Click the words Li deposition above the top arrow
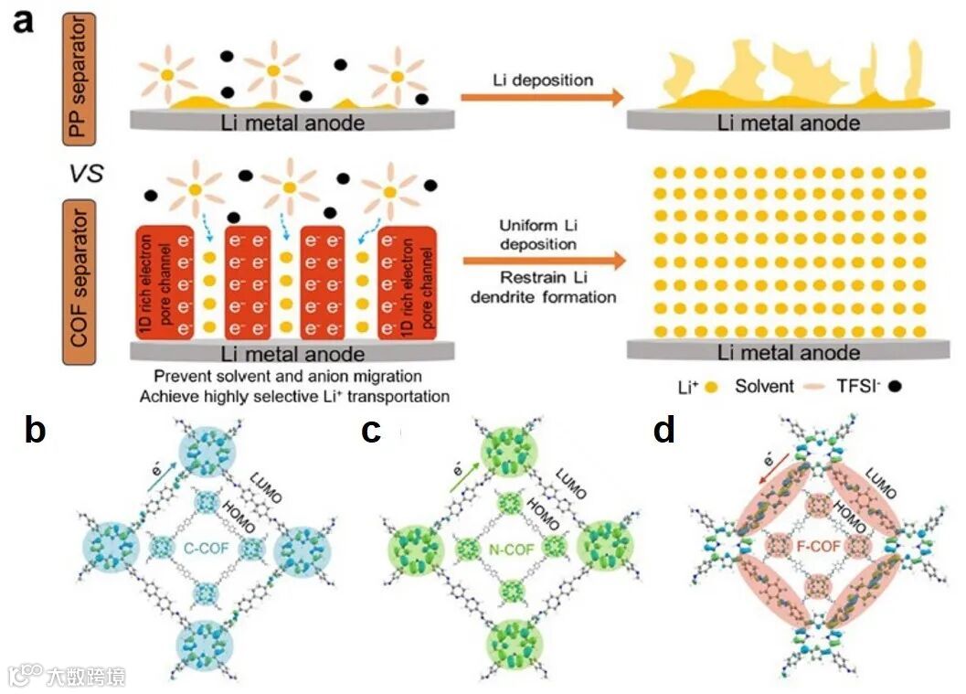(x=539, y=79)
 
